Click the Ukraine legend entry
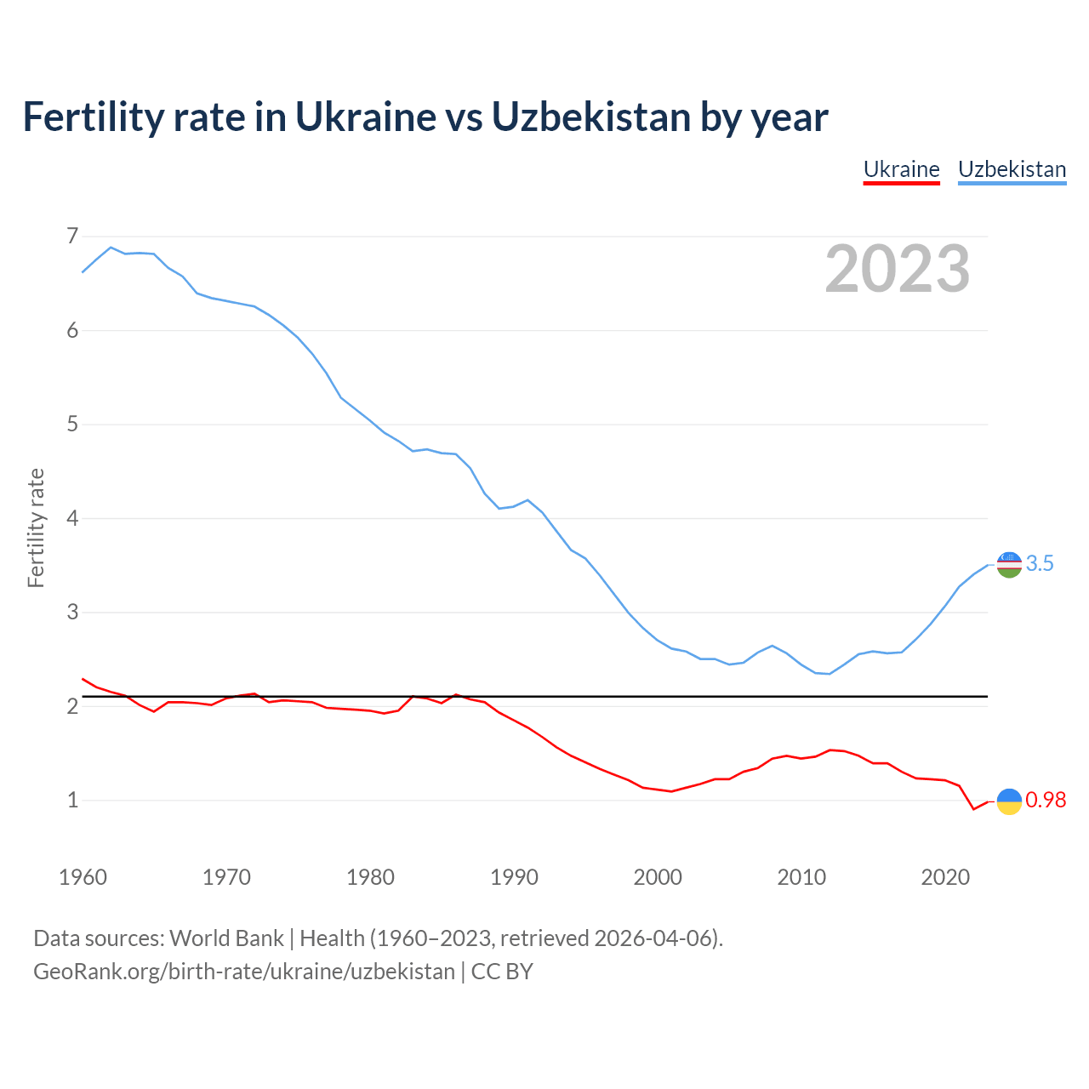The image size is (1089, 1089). point(901,169)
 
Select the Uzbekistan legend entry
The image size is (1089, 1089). point(1012,169)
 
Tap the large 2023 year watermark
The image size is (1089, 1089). point(897,269)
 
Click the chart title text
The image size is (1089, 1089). point(425,117)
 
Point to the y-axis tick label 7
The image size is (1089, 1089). point(72,236)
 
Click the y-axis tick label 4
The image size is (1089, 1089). point(72,518)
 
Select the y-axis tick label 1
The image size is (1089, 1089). point(72,800)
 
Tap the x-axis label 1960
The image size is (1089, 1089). point(83,877)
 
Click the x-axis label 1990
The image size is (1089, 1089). point(514,877)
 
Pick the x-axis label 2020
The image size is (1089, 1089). point(945,877)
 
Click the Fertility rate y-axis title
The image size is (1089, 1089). point(36,527)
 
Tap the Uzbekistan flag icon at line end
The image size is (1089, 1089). point(1009,564)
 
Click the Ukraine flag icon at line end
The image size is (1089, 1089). point(1009,801)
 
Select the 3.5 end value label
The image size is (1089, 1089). point(1040,563)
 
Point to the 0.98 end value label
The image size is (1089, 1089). point(1046,800)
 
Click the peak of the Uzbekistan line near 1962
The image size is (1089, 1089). point(111,248)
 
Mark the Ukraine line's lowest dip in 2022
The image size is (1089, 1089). point(973,809)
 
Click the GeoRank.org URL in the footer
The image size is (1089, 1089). point(244,972)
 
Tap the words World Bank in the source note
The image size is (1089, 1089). point(226,938)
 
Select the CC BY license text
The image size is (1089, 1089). point(502,972)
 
